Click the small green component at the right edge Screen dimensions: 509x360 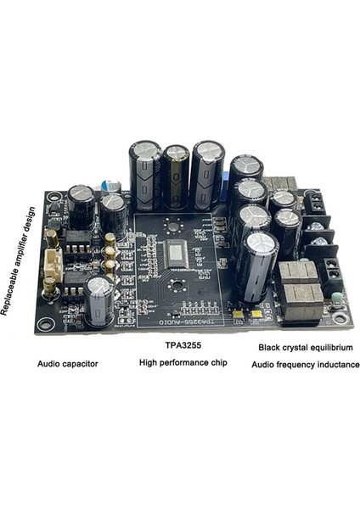pos(338,298)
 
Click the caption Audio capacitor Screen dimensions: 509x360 pos(68,364)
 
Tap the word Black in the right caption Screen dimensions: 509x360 pos(271,348)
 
